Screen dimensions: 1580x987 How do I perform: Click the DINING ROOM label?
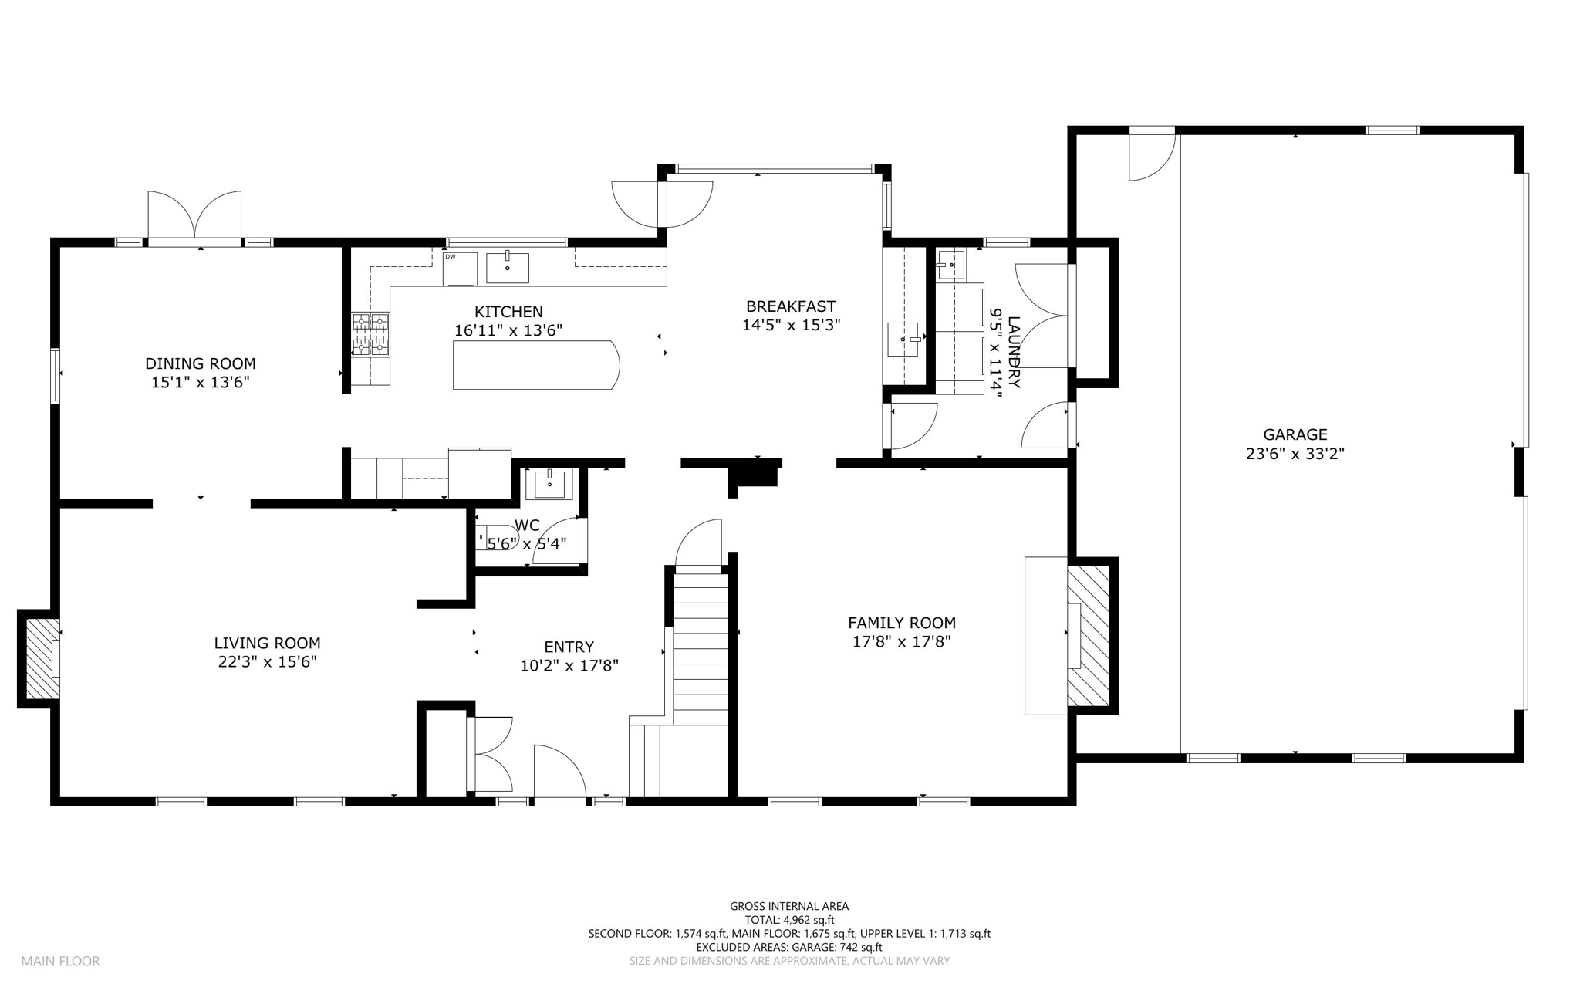click(x=201, y=363)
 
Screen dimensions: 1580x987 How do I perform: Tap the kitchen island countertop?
click(x=536, y=365)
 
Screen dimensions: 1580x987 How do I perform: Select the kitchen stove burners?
click(x=371, y=334)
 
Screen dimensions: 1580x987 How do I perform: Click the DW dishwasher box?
click(x=460, y=269)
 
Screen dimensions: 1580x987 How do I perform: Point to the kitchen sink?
click(x=508, y=268)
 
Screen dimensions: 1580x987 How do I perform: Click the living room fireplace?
click(x=40, y=658)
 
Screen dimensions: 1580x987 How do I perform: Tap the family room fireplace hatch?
click(x=1089, y=636)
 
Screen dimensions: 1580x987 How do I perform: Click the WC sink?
click(x=549, y=484)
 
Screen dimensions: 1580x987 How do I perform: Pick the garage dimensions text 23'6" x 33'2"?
click(x=1295, y=454)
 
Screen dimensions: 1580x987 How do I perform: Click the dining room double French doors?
click(x=194, y=215)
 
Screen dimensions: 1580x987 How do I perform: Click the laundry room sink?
click(x=951, y=264)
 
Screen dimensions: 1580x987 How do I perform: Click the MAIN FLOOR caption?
click(x=60, y=962)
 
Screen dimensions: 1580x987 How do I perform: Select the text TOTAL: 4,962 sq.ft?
click(x=789, y=920)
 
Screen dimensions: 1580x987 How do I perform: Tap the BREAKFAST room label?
click(x=791, y=306)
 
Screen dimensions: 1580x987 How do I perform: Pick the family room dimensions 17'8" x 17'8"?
click(x=902, y=641)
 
